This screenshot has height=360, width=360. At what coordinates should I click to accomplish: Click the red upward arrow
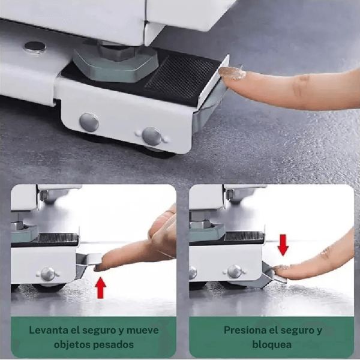101,287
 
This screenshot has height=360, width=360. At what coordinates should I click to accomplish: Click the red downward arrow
283,244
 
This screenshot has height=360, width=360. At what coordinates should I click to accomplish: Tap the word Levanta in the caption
50,331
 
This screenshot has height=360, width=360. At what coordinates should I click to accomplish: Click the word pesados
113,345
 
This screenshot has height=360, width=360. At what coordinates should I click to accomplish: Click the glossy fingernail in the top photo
232,73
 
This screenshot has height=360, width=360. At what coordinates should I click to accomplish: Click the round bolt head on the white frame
35,46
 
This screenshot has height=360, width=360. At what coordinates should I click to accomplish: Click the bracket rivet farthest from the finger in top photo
89,122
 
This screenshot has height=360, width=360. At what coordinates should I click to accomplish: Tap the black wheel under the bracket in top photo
158,152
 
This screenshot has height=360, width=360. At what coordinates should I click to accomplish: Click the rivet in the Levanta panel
47,274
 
